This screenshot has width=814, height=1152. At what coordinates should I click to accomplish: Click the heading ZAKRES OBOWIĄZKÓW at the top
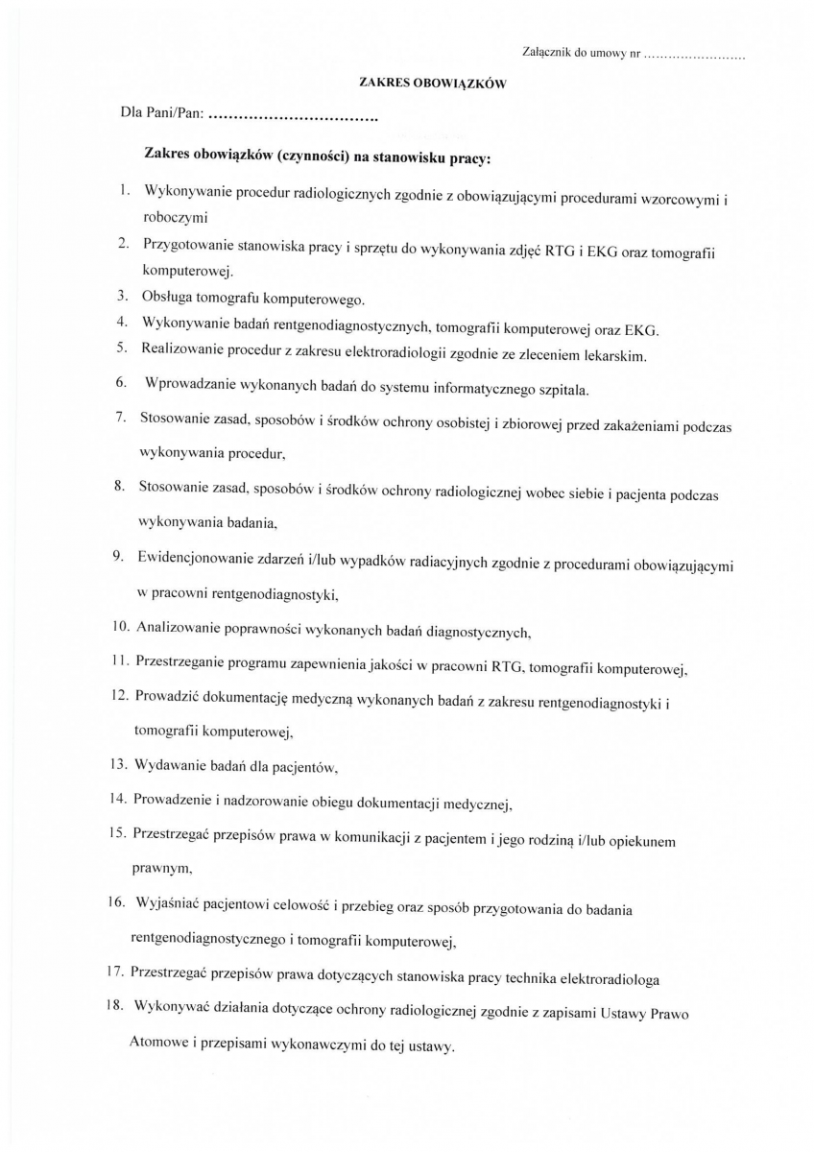432,84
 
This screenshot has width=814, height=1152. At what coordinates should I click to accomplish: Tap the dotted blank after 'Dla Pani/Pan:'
292,118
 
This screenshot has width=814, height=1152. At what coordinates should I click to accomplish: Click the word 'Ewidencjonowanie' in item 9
195,560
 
